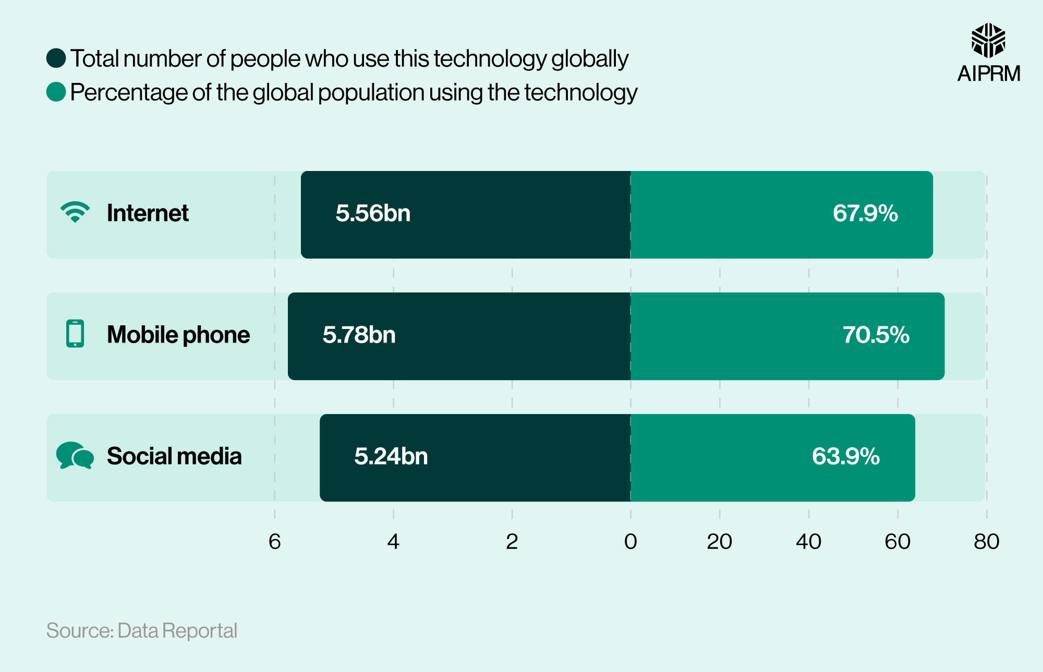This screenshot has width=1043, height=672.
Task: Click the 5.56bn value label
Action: point(373,213)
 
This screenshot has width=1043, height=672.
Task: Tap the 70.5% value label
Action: point(876,335)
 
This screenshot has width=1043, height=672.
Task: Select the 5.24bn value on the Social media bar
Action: point(391,456)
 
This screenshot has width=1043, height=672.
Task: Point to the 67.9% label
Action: point(865,213)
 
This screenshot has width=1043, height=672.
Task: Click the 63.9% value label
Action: point(845,456)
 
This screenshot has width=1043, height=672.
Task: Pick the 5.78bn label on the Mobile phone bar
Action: point(359,335)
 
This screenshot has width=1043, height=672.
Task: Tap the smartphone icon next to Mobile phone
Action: point(75,334)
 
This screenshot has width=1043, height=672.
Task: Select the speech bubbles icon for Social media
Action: point(75,456)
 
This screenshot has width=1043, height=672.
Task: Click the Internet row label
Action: point(148,213)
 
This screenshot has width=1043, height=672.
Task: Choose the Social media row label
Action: point(174,456)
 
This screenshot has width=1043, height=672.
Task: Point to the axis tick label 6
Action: point(275,542)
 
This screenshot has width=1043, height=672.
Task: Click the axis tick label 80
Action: point(986,542)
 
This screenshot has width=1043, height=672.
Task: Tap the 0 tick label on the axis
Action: point(630,542)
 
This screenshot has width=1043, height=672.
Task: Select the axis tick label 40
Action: point(808,542)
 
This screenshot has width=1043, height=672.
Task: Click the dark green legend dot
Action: point(56,58)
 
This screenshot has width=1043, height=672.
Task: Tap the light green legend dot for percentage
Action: point(56,92)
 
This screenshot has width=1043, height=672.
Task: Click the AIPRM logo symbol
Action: point(988,40)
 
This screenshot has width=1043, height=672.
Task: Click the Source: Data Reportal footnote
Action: point(142,631)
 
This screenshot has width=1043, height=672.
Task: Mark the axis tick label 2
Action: point(512,542)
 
